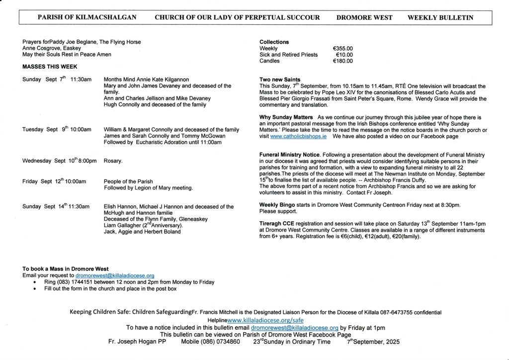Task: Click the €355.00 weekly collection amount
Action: (342, 49)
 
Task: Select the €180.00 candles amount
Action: (342, 61)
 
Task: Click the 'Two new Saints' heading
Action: (280, 80)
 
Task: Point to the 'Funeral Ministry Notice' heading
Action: (290, 155)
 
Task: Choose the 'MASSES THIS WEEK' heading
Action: (50, 67)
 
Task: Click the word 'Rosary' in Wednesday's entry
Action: (113, 161)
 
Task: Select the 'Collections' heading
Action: (274, 42)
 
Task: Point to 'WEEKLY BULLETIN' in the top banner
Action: (440, 17)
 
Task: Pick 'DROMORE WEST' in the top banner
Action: (364, 17)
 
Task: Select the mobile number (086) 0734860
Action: (210, 342)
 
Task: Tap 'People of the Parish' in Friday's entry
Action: (128, 181)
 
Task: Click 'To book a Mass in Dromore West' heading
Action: (66, 269)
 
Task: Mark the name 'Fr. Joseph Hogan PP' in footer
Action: (138, 342)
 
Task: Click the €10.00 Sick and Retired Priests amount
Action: (344, 55)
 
